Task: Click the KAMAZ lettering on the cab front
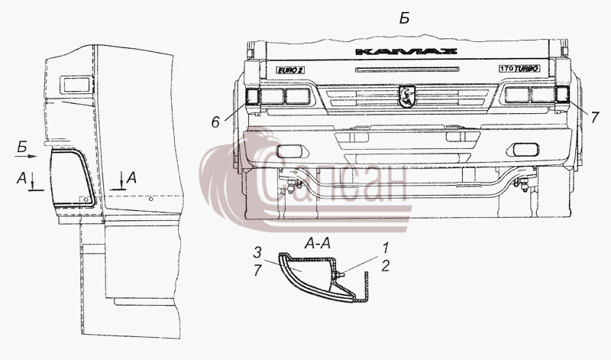(406, 51)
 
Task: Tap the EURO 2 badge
(290, 70)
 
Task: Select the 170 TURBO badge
(519, 69)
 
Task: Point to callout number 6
(215, 122)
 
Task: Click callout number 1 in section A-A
(386, 248)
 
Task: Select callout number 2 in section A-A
(386, 266)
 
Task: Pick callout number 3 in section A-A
(257, 253)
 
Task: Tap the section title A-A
(317, 244)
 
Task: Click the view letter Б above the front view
(405, 18)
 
